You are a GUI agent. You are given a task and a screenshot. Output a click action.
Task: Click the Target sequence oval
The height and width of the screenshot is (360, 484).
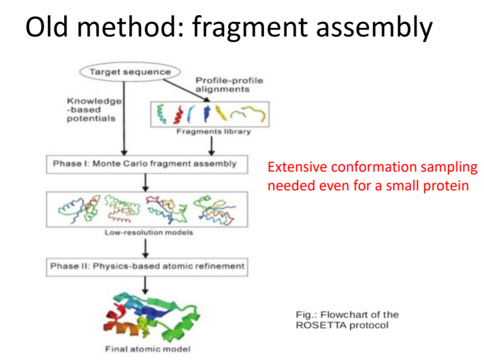(x=129, y=72)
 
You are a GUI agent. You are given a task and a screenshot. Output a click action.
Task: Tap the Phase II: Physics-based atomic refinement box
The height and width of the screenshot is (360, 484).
(x=147, y=266)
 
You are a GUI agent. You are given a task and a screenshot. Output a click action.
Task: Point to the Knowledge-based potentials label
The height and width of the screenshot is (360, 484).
(x=94, y=109)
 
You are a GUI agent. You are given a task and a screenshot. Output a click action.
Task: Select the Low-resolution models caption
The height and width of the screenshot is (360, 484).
(x=149, y=233)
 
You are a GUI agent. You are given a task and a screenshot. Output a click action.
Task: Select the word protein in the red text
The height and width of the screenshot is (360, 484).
(x=448, y=185)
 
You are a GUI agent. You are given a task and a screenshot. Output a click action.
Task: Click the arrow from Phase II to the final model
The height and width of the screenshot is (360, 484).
(x=146, y=285)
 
